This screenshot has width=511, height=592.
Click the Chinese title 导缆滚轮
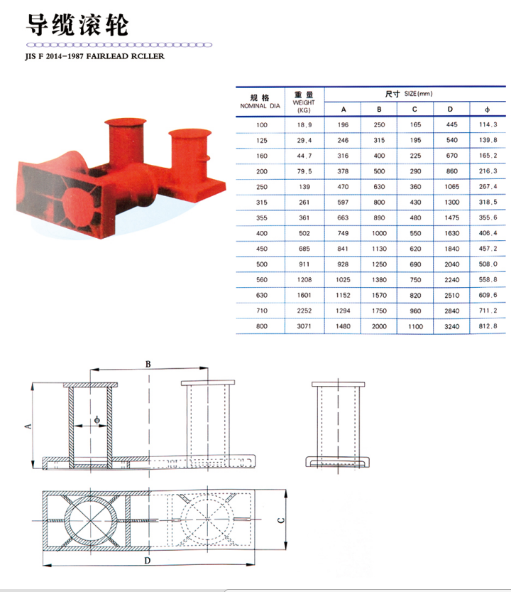click(77, 25)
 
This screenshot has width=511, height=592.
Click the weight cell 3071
click(305, 325)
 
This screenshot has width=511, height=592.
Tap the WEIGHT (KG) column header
click(304, 102)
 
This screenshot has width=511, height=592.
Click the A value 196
click(344, 124)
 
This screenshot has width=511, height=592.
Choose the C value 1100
click(416, 326)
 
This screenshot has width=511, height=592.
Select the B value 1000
click(380, 233)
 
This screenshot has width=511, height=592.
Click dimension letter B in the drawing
click(148, 363)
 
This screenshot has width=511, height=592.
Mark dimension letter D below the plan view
click(147, 562)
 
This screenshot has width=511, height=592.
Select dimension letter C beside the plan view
click(282, 520)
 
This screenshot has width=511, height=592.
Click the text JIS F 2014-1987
click(54, 55)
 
